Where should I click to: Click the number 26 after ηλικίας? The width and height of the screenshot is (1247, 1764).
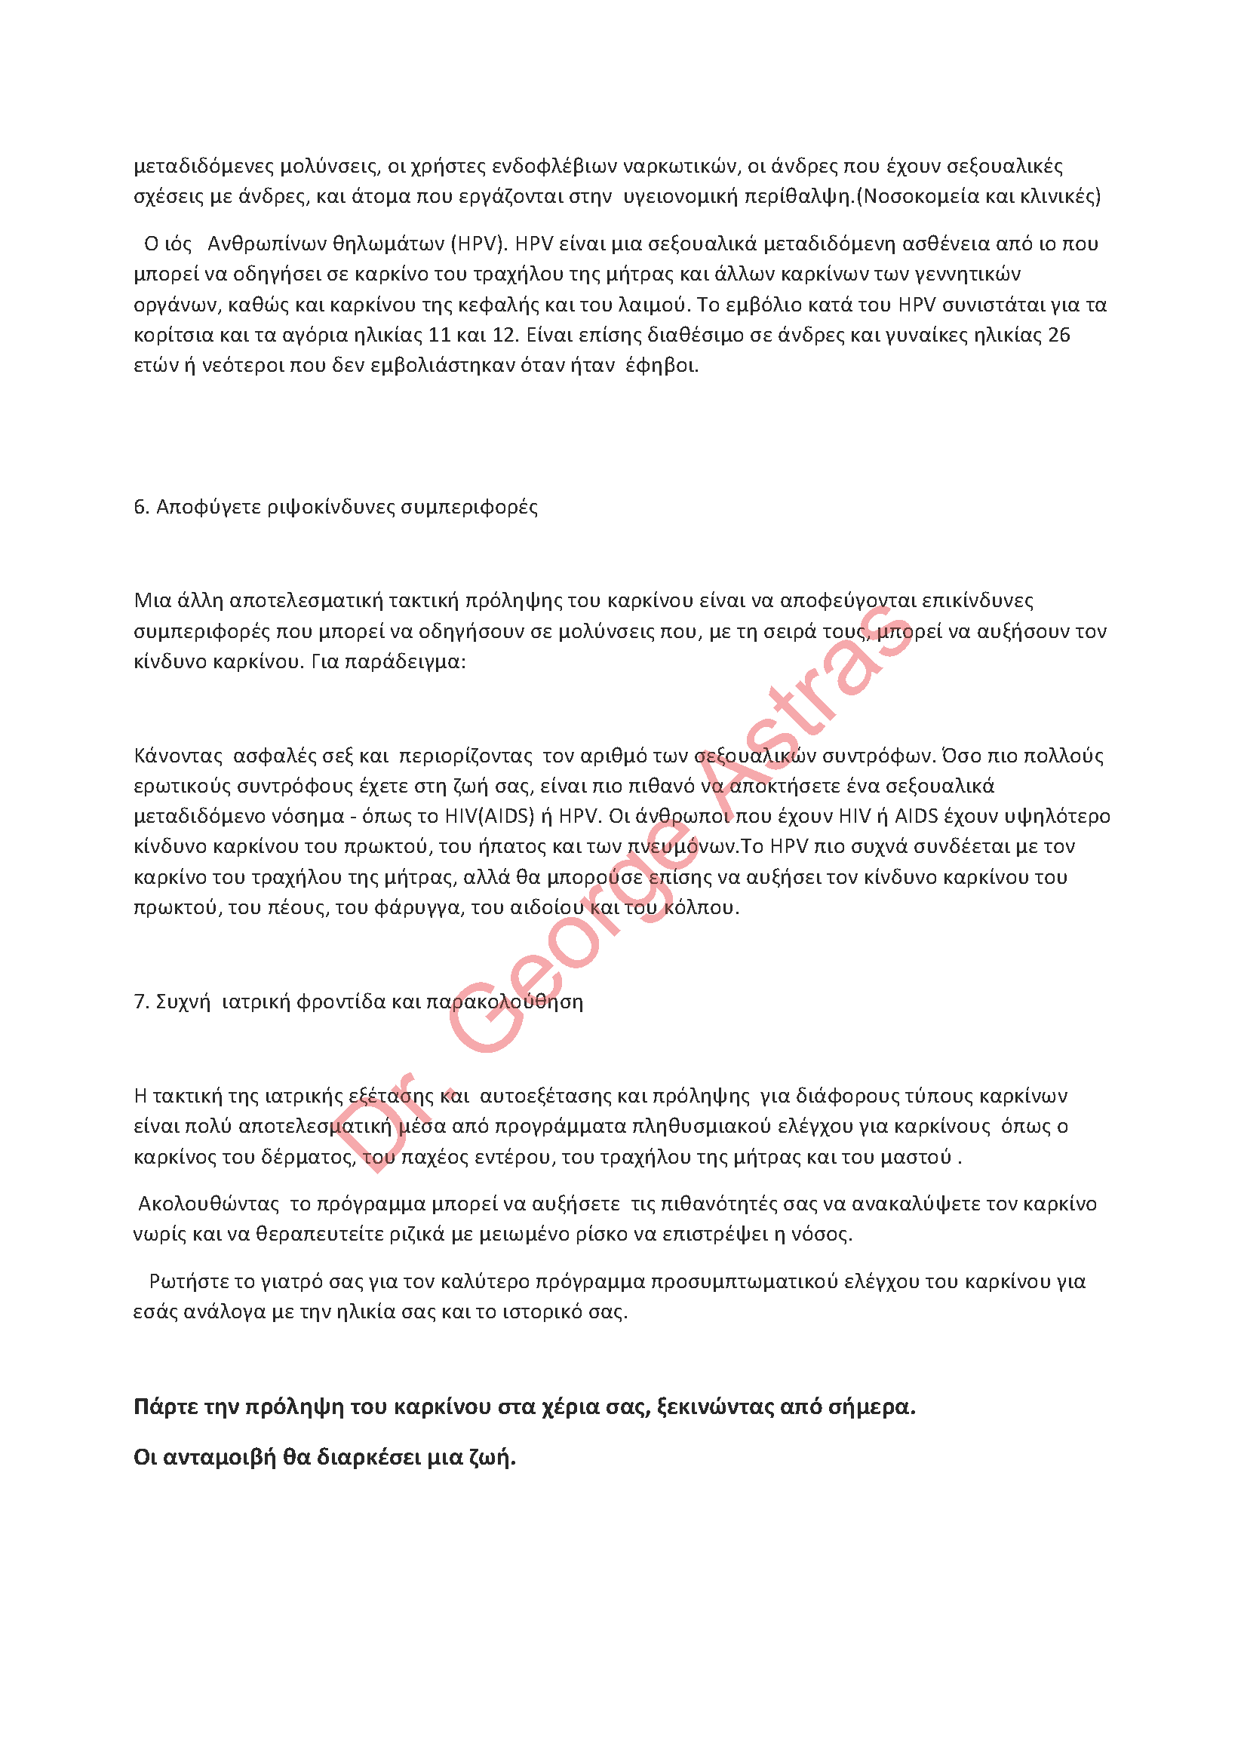pyautogui.click(x=1058, y=335)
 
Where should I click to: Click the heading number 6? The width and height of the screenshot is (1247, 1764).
pyautogui.click(x=140, y=507)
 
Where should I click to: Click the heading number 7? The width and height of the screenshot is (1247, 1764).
pyautogui.click(x=140, y=1002)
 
